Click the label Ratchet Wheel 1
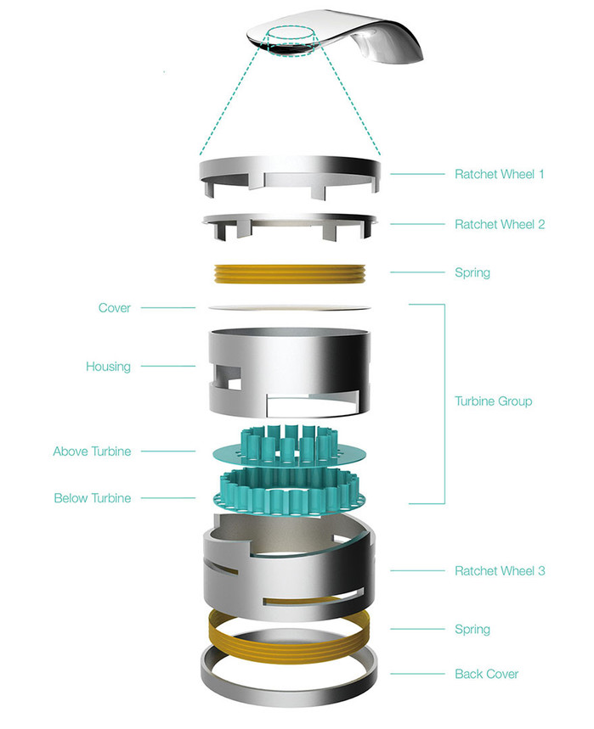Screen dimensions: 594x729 499,174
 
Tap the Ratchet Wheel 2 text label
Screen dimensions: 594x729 500,225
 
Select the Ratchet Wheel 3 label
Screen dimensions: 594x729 500,571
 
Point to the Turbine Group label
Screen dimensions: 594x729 493,401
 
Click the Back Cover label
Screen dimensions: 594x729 486,674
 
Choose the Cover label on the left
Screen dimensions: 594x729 115,308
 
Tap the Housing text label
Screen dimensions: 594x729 108,367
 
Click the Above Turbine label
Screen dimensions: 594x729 92,451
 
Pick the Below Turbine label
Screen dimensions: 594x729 92,498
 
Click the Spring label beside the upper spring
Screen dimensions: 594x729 472,273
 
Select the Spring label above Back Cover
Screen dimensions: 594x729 472,630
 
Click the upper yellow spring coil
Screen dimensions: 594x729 290,274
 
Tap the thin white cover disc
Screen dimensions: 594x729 289,308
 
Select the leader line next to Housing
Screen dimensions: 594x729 168,367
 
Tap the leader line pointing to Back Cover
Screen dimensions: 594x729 417,674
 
